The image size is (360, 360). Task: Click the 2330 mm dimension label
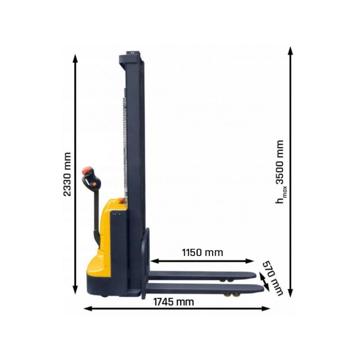[x=67, y=174]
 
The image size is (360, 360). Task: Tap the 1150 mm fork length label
[x=202, y=253]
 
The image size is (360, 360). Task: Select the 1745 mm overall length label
[x=174, y=302]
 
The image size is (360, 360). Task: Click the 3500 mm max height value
[x=280, y=162]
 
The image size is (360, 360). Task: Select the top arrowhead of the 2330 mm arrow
[x=75, y=58]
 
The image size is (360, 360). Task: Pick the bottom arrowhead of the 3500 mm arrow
[x=291, y=293]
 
